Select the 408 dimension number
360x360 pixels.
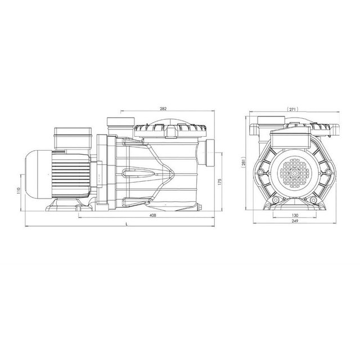pos(152,215)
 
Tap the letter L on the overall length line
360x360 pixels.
pos(129,223)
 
